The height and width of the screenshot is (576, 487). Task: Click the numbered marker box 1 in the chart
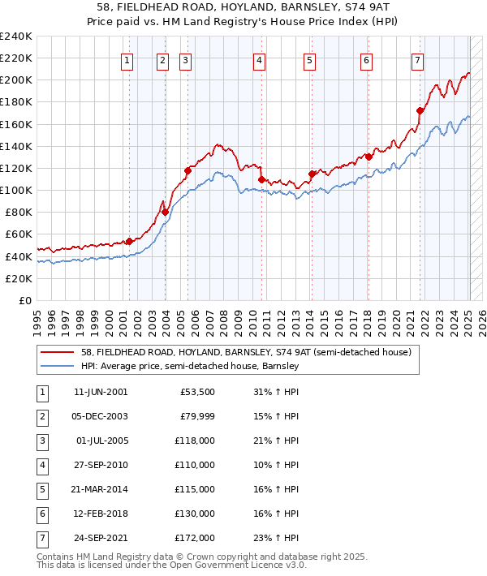[128, 59]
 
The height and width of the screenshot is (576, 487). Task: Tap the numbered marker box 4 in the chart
[259, 59]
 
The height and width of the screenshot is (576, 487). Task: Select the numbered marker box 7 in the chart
[417, 59]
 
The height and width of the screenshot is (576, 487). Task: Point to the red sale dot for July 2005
[187, 170]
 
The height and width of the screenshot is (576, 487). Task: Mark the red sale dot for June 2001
[129, 241]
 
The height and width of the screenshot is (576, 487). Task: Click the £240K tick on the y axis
[15, 37]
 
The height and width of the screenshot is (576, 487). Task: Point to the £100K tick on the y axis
[15, 190]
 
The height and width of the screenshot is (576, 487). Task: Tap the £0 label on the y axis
[24, 300]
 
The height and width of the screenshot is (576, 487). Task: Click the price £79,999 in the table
[197, 416]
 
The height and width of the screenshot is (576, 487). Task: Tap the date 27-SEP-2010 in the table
[101, 465]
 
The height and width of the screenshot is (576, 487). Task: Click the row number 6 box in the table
[40, 514]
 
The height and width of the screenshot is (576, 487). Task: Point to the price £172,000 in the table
[195, 538]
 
